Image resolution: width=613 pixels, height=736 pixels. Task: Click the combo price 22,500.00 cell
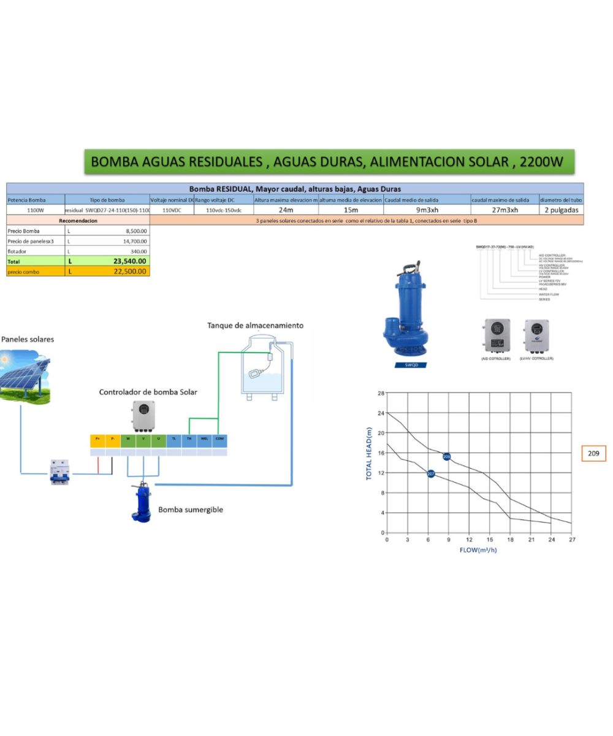130,271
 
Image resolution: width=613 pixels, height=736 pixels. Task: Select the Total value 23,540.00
130,261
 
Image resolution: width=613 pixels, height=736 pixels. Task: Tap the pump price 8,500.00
135,231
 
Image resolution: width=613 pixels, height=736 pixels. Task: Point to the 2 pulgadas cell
561,210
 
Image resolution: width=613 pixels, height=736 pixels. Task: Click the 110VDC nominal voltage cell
172,210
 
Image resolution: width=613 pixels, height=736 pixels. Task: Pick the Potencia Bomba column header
27,200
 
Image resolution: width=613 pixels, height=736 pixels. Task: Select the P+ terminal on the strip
97,439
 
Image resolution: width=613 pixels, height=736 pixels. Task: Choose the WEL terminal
205,439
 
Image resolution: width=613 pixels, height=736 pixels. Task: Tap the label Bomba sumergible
191,509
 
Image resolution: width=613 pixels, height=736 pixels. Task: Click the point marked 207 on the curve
431,473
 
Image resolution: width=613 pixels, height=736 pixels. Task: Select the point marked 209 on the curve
446,457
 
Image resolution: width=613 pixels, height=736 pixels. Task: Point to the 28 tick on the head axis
381,393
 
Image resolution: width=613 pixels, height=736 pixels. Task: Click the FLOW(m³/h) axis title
478,550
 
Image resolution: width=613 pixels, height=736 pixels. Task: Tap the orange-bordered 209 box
593,454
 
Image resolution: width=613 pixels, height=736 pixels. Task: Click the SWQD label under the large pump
410,364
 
